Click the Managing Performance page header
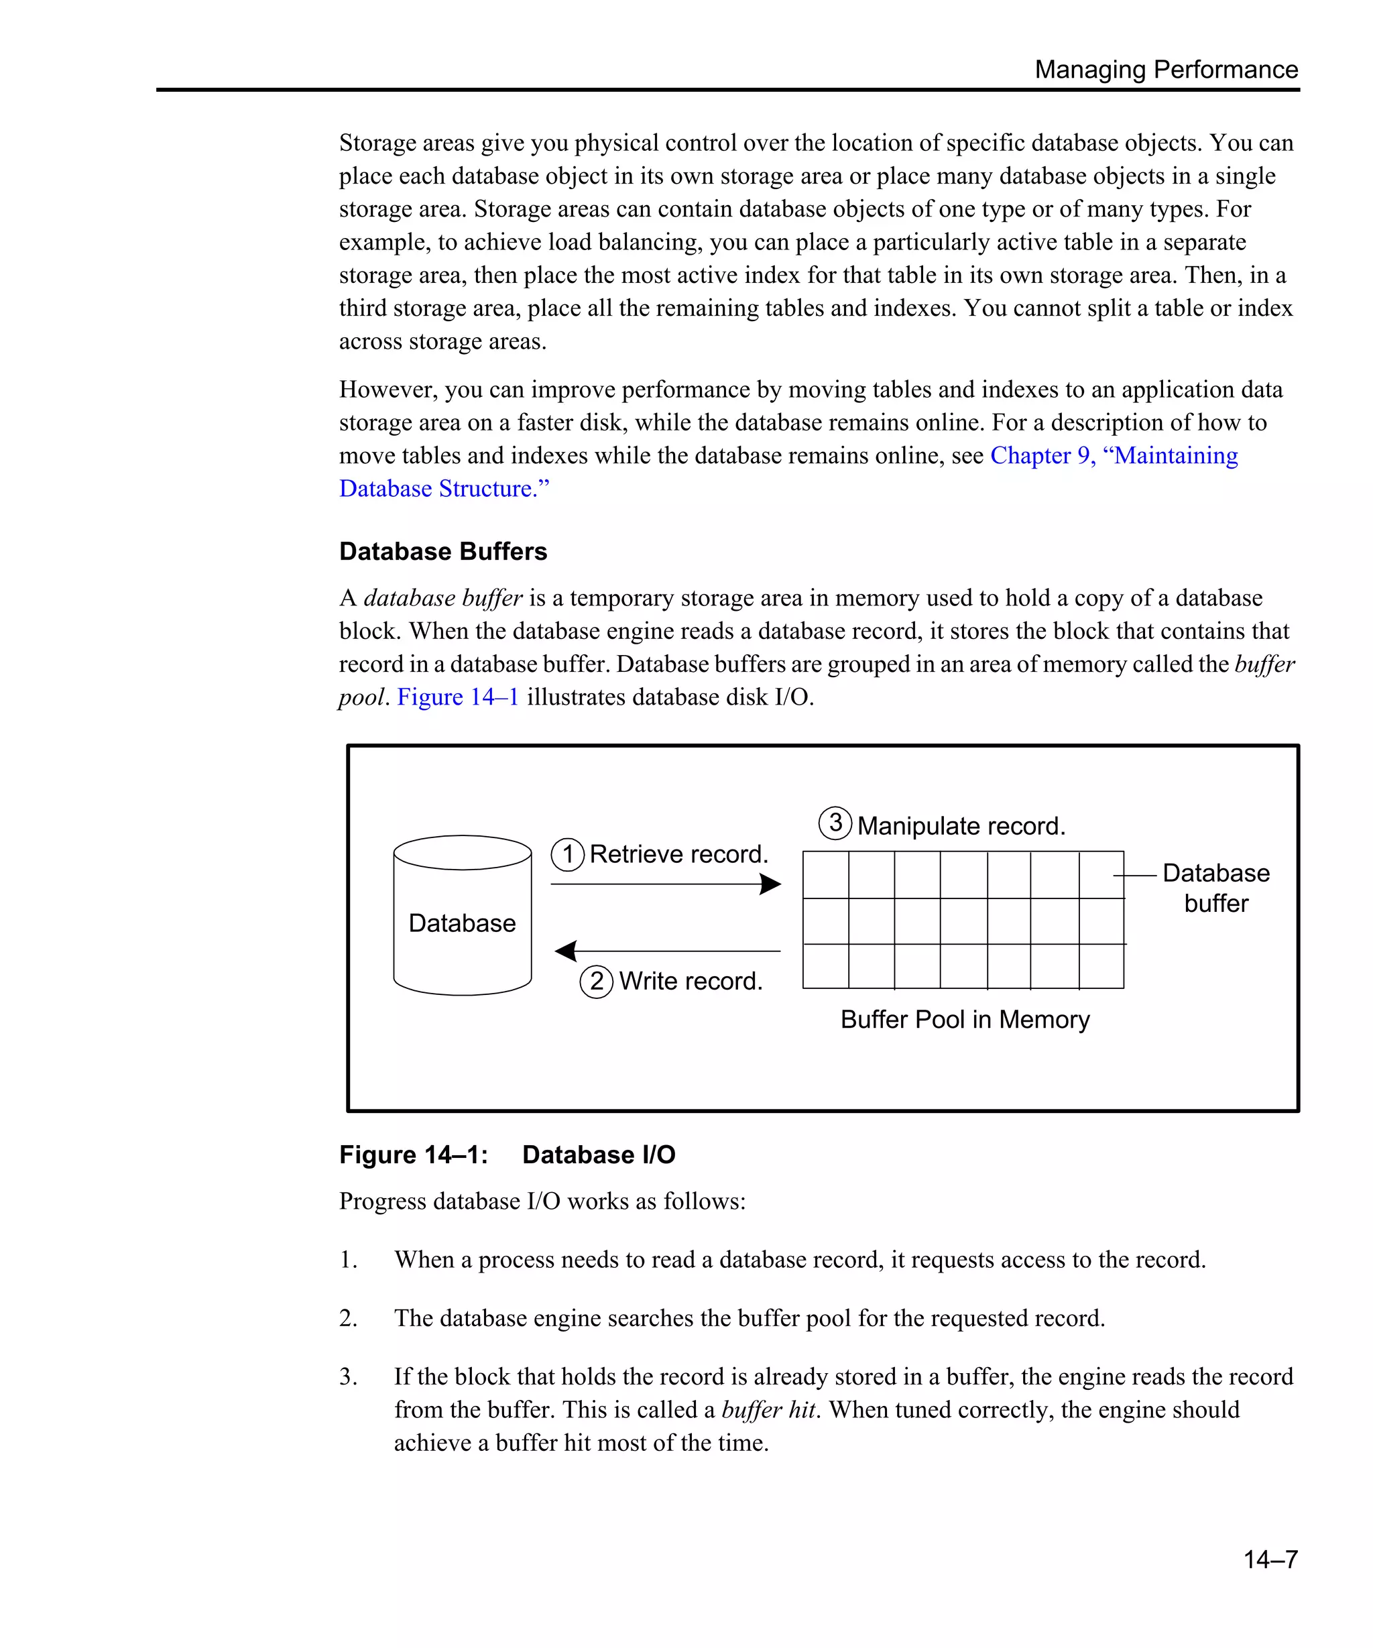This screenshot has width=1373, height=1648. point(1165,69)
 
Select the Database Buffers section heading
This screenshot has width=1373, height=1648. point(442,551)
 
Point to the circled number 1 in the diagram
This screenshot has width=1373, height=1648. point(567,855)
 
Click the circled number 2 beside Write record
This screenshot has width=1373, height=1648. point(596,981)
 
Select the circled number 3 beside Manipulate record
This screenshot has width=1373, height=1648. point(835,823)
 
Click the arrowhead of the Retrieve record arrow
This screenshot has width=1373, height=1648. point(771,884)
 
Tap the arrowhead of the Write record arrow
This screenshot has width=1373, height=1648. point(566,951)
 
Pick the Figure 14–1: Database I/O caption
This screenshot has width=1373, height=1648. point(507,1155)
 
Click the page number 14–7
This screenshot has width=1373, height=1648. point(1270,1559)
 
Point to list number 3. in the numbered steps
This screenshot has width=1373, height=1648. point(349,1376)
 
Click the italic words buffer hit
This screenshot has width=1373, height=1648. point(770,1409)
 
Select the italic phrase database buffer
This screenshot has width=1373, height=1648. point(442,598)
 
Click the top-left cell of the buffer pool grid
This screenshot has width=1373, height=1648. point(825,874)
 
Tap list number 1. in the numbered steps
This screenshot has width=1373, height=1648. point(349,1260)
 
